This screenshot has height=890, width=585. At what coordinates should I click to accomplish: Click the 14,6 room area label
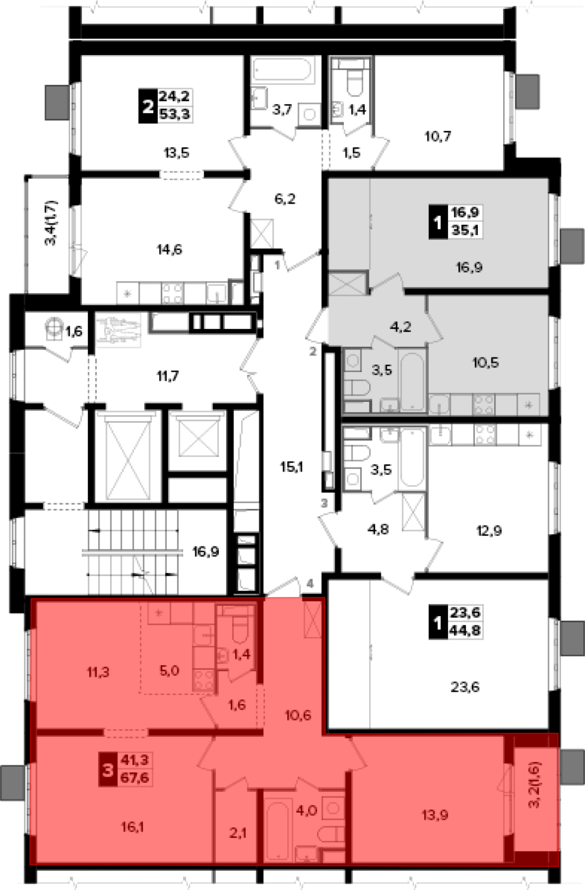(x=170, y=250)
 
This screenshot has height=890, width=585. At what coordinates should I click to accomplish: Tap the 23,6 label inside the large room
(x=464, y=687)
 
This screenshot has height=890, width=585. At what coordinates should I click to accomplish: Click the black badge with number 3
(x=107, y=769)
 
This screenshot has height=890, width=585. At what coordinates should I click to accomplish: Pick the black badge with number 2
(x=147, y=106)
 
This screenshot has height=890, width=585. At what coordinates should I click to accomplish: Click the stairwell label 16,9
(x=206, y=552)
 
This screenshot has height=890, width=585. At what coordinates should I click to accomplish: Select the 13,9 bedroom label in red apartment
(x=435, y=815)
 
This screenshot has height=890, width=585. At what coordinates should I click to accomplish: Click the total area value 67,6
(x=135, y=778)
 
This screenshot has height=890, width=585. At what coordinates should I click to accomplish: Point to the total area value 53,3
(x=174, y=115)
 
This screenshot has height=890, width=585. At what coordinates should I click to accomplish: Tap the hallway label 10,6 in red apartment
(x=298, y=716)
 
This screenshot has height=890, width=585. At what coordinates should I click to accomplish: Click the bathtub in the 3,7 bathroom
(x=283, y=70)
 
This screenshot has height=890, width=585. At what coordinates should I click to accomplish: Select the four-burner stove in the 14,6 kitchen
(x=173, y=293)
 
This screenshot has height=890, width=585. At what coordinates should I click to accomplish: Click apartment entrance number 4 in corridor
(x=310, y=583)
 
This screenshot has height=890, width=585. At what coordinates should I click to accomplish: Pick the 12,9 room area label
(x=488, y=530)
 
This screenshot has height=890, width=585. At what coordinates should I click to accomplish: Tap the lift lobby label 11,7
(x=167, y=376)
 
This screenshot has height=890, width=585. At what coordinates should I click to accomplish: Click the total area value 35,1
(x=465, y=230)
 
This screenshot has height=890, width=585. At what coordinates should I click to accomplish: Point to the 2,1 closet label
(x=238, y=833)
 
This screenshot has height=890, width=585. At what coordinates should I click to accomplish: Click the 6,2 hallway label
(x=285, y=199)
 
